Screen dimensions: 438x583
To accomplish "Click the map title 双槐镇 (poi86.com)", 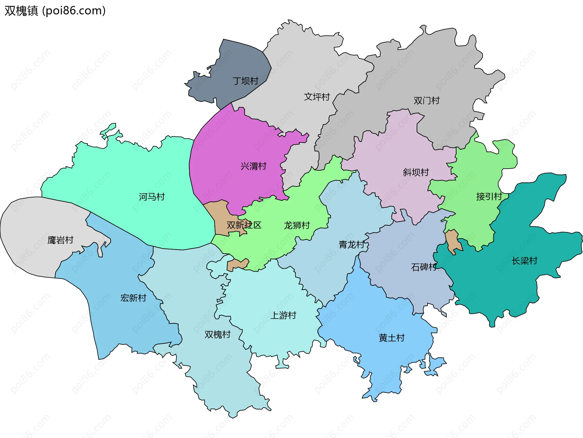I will pyautogui.click(x=55, y=11).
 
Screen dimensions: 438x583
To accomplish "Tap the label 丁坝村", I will pyautogui.click(x=245, y=81).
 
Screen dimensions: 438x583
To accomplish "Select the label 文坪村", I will pyautogui.click(x=317, y=97).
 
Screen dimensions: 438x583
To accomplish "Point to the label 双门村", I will pyautogui.click(x=426, y=101).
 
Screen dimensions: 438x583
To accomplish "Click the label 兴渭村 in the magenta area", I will pyautogui.click(x=253, y=166).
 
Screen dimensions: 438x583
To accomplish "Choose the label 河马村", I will pyautogui.click(x=152, y=197).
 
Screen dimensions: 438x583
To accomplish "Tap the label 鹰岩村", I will pyautogui.click(x=60, y=240).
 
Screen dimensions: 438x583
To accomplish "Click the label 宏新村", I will pyautogui.click(x=133, y=298).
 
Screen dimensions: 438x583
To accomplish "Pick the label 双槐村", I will pyautogui.click(x=217, y=334).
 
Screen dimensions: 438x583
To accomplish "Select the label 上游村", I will pyautogui.click(x=283, y=315).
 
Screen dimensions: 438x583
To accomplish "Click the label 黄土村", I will pyautogui.click(x=391, y=338).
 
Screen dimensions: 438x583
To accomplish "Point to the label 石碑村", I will pyautogui.click(x=424, y=267).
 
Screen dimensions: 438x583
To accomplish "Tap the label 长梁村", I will pyautogui.click(x=524, y=261).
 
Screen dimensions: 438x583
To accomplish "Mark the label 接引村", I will pyautogui.click(x=489, y=197).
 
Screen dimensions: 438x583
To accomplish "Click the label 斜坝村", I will pyautogui.click(x=416, y=172).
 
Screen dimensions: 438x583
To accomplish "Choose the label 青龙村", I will pyautogui.click(x=351, y=245).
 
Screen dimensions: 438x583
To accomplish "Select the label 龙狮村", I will pyautogui.click(x=297, y=225).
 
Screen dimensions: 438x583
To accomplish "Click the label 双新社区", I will pyautogui.click(x=244, y=225).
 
